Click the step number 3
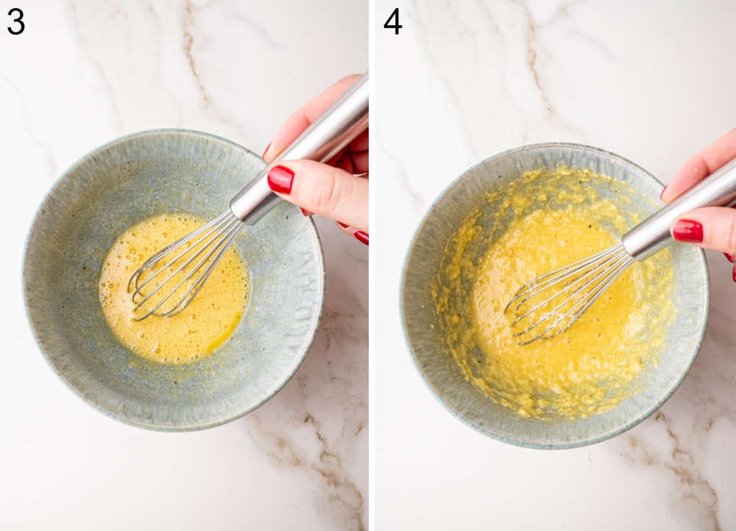coord(15,21)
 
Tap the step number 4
coord(393,21)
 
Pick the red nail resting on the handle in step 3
coord(280,179)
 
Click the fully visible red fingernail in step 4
coord(687,231)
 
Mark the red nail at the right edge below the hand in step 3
coord(361,237)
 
